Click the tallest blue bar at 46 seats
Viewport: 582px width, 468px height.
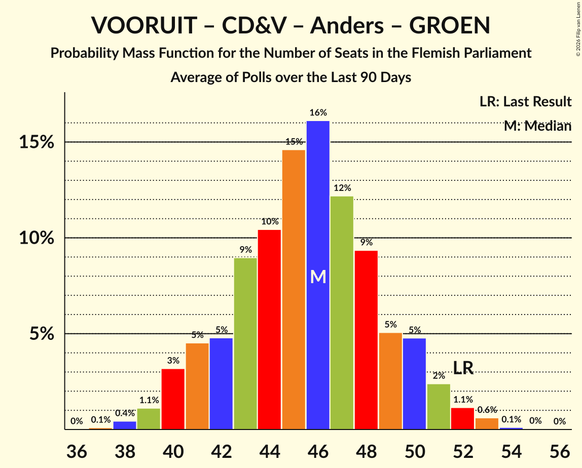click(x=318, y=203)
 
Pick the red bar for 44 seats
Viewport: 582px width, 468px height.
click(x=269, y=330)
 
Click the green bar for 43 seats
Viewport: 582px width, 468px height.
click(x=245, y=344)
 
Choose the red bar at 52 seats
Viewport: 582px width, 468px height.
click(x=463, y=419)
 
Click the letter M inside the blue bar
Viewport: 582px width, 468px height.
click(x=318, y=277)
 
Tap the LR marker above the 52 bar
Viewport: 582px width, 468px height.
click(x=463, y=368)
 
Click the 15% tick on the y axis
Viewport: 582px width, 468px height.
click(x=36, y=142)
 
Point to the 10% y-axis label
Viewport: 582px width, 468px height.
click(x=36, y=238)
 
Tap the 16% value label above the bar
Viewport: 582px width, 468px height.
click(x=318, y=113)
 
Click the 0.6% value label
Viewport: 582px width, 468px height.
click(x=487, y=410)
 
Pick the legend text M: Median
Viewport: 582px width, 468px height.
click(x=537, y=126)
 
